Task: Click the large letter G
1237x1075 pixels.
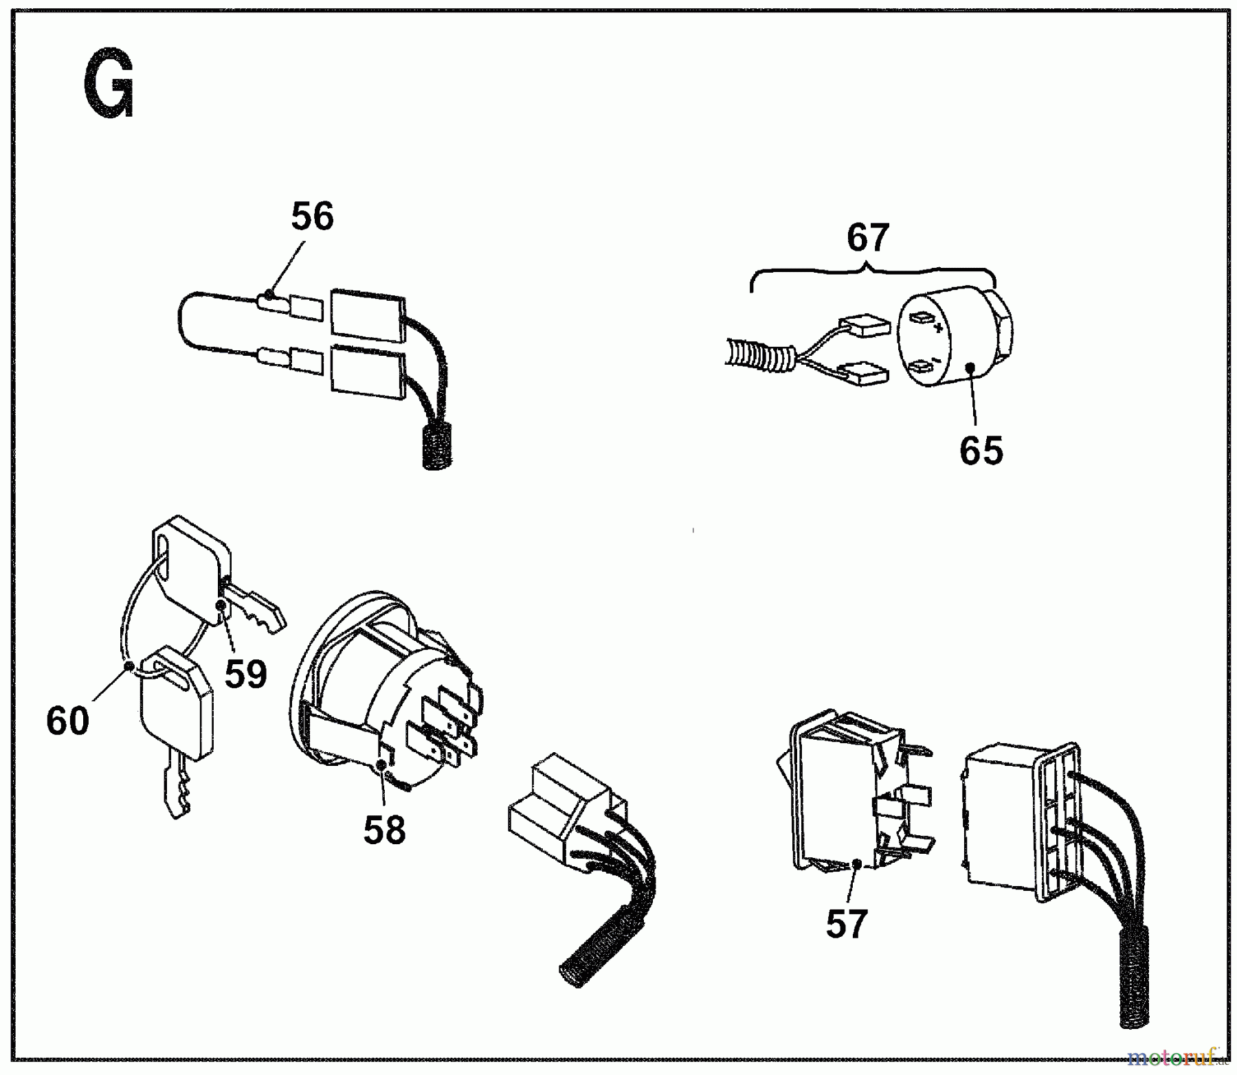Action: [109, 84]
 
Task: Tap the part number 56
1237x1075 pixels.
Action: [312, 216]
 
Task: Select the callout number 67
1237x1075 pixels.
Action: [868, 238]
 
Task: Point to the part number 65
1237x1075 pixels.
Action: [981, 451]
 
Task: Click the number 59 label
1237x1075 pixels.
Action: [245, 674]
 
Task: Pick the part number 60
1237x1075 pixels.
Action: [67, 721]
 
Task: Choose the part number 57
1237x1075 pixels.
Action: [846, 923]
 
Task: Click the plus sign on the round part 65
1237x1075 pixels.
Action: [938, 328]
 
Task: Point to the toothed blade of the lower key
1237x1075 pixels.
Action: [175, 787]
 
